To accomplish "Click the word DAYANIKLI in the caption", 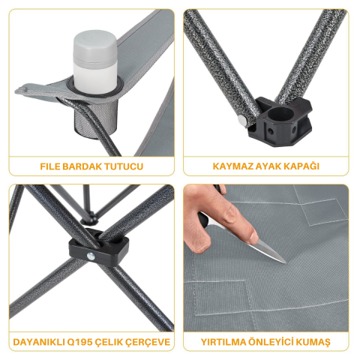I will click(40, 343).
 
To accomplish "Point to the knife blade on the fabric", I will click(268, 251).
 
